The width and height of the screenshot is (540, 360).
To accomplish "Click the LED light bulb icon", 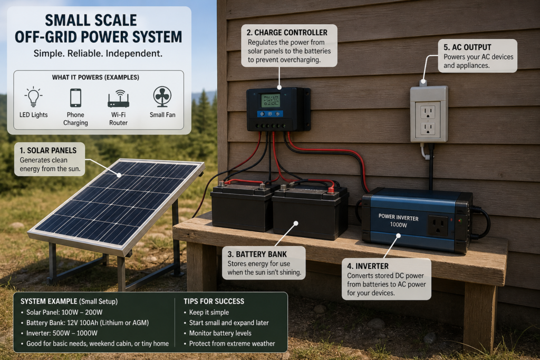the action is click(x=33, y=96).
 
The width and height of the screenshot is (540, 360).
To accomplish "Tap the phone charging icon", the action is click(x=75, y=98).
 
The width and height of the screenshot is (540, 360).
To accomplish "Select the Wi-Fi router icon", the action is click(x=119, y=99).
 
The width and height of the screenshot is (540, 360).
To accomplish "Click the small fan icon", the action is click(x=162, y=96).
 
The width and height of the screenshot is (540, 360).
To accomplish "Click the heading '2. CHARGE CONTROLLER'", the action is click(x=287, y=33).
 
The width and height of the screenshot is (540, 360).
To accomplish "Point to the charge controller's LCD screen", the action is click(x=271, y=101).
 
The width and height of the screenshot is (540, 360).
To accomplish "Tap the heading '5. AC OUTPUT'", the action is click(x=467, y=47).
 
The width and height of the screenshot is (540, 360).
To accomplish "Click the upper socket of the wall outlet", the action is click(x=428, y=112).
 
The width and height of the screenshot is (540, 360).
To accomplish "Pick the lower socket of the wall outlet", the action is click(x=428, y=129).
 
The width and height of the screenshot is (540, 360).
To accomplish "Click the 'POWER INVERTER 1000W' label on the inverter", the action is click(x=399, y=221).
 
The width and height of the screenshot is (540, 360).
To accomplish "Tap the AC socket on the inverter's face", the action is click(x=438, y=226).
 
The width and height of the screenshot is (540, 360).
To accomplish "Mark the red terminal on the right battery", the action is click(x=331, y=189).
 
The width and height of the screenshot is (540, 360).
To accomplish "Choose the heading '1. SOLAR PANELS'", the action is click(x=48, y=150).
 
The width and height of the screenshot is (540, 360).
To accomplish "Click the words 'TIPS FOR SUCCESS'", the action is click(x=214, y=301).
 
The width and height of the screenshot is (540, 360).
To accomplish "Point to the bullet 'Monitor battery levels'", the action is click(x=220, y=333).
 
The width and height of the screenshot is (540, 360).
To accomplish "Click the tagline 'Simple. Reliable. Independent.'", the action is click(x=98, y=54).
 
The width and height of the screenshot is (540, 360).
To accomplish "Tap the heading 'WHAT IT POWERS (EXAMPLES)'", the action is click(x=95, y=77).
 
